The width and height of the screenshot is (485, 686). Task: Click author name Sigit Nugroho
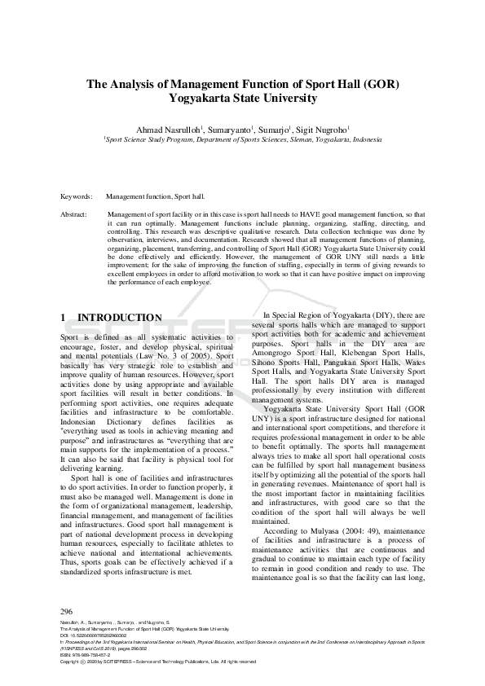pyautogui.click(x=323, y=128)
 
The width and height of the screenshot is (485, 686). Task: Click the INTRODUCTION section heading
pyautogui.click(x=119, y=318)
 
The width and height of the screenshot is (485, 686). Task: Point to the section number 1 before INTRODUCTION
pyautogui.click(x=64, y=318)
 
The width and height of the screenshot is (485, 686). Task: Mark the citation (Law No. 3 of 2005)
pyautogui.click(x=172, y=356)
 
